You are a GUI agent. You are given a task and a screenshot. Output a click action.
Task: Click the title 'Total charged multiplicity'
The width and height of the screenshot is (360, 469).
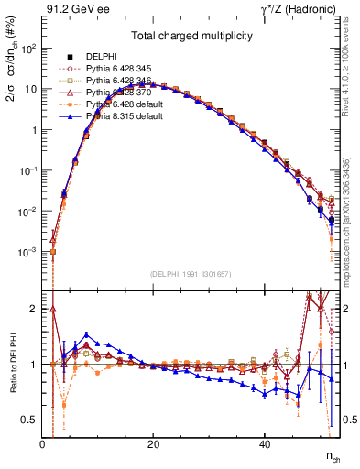pos(191,37)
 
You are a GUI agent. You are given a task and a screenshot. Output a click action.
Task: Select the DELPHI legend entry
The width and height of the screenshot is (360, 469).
pos(101,57)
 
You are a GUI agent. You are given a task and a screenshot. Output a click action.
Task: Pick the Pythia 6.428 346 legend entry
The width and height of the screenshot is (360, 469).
pos(116,82)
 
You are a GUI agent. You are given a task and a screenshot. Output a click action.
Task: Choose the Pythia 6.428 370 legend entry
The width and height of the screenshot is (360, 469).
pos(116,93)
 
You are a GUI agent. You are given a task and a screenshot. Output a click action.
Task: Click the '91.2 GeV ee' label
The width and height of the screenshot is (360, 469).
pos(73,8)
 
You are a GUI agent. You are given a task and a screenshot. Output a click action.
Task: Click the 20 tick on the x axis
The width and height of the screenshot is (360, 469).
pos(154,442)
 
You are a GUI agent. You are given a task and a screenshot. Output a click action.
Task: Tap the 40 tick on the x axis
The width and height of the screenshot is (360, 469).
pos(265,442)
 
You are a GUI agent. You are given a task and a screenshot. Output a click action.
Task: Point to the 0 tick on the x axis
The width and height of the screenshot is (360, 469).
pos(43,442)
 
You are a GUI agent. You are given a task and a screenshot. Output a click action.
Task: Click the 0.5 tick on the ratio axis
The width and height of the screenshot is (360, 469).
pos(31,420)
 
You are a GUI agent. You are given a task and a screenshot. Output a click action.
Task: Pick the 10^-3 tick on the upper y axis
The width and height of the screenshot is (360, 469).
pos(27,252)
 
